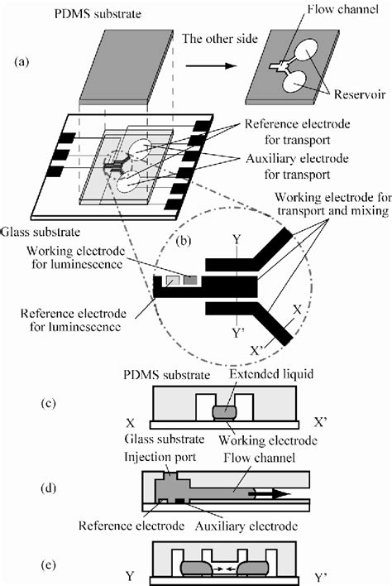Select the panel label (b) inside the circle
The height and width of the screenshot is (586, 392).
pos(183,244)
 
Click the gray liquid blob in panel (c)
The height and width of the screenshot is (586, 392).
pos(223,411)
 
